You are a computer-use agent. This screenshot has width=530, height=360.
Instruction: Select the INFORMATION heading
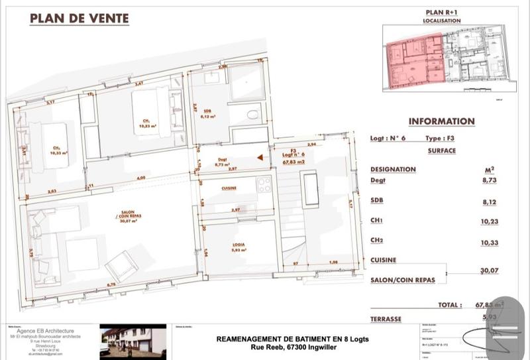(x=441, y=121)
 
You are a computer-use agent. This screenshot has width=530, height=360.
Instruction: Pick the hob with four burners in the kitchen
(x=264, y=184)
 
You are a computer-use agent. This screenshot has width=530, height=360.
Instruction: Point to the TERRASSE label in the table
(x=386, y=319)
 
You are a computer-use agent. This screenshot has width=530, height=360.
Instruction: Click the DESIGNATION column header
(x=393, y=169)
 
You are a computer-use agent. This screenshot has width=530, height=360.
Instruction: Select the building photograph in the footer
(x=132, y=341)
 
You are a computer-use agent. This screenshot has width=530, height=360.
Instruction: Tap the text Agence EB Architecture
(x=45, y=331)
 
